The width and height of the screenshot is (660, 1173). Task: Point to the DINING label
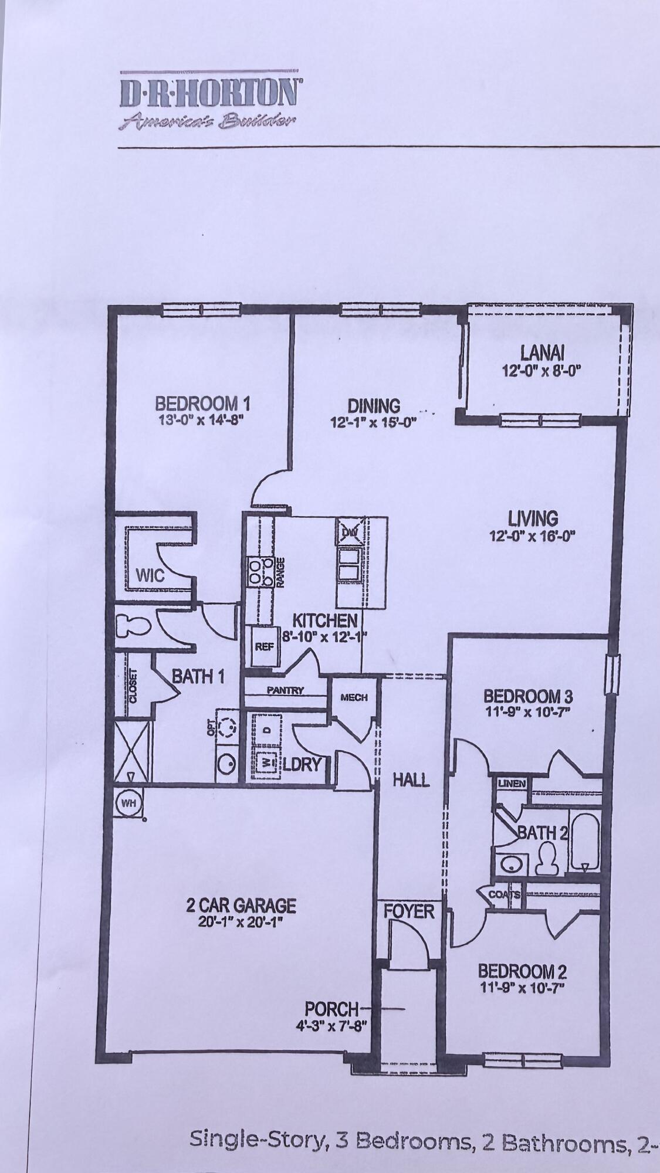coord(374,406)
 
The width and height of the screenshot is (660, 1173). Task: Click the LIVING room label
coord(533,518)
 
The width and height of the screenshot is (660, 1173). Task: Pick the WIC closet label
coord(150,575)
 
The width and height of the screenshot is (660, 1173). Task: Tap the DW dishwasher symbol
coord(350,533)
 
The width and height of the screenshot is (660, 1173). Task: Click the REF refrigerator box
coord(262,647)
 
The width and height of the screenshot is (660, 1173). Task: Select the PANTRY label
coord(285,691)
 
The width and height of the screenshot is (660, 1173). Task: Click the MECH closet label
coord(354,697)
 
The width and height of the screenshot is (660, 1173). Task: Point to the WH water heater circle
coord(127,803)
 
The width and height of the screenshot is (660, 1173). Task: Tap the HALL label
coord(411,779)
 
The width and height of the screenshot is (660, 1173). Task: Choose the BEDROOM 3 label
coord(527,696)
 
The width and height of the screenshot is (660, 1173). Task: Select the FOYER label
coord(409,912)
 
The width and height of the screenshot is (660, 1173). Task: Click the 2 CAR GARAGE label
coord(241,906)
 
